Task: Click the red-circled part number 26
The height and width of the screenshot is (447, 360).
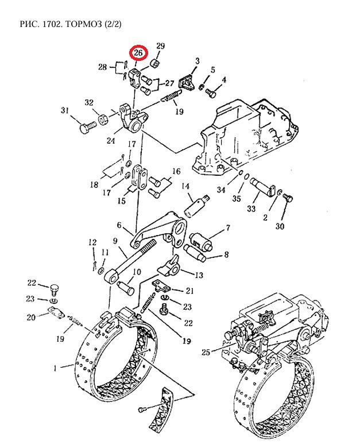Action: pos(138,53)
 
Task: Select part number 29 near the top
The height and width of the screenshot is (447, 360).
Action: pos(161,46)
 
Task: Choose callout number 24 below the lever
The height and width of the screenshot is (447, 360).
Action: pos(111,141)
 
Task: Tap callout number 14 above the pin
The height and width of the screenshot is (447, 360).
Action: pos(185,186)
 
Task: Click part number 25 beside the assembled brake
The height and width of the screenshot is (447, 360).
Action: pos(206,352)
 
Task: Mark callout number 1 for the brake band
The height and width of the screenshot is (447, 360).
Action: pos(55,368)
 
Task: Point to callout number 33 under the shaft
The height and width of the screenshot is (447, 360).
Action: pos(251,209)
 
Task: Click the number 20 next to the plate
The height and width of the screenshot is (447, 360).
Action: pos(31,317)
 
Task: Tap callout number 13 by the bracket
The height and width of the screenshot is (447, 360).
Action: pos(199,275)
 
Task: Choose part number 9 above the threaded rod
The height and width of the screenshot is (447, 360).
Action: pos(115,241)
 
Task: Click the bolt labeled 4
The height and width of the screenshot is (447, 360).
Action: pos(211,93)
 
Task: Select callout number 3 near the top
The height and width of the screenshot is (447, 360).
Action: pos(198,61)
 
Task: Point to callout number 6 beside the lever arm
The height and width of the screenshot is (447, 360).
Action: pos(119,225)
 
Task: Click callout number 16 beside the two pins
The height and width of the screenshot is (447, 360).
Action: pos(176,171)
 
